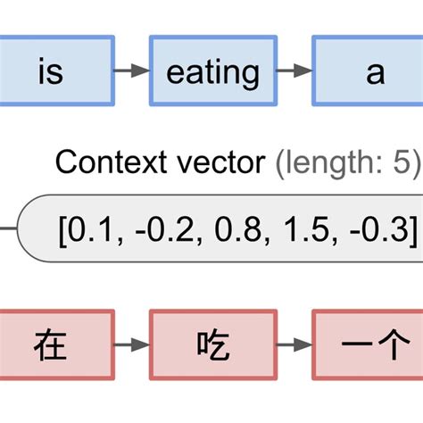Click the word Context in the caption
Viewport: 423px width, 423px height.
coord(106,162)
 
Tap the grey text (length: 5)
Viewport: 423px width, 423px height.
coord(344,162)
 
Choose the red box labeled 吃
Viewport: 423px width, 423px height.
coord(212,344)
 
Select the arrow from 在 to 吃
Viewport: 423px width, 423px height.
coord(132,344)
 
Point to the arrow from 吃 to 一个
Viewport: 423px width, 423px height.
coord(294,344)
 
